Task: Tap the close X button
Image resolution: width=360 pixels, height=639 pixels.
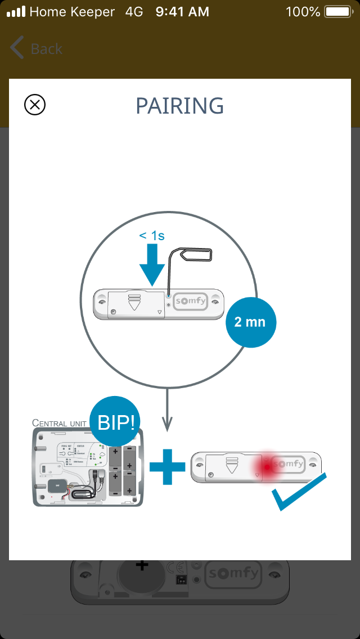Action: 35,105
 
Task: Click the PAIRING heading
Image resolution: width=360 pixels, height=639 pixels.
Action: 180,106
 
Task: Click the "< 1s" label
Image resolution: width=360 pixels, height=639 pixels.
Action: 152,236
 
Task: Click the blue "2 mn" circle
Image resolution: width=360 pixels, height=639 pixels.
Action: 250,322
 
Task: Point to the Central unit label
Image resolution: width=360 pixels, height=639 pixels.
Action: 58,423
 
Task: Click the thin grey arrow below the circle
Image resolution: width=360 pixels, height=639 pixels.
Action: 167,411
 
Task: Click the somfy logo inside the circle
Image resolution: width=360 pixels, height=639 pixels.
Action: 190,301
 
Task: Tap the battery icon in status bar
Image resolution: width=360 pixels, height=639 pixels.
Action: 337,11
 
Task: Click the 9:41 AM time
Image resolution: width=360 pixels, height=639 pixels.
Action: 182,11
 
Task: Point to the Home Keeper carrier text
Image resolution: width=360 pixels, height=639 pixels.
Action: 72,11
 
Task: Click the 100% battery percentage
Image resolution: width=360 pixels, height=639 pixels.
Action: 303,11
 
